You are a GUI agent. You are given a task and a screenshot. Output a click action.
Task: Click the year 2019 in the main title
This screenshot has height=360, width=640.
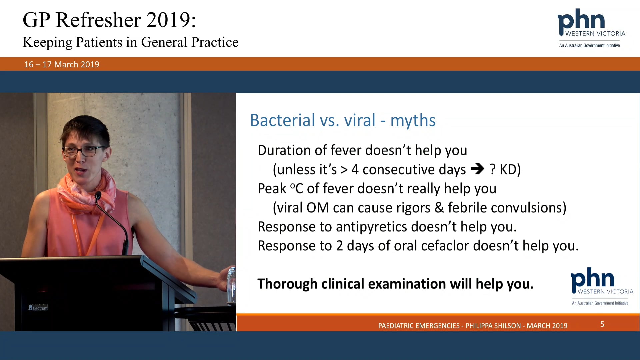tap(168, 20)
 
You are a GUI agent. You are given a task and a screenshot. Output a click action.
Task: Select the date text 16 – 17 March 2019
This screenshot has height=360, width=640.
tap(62, 64)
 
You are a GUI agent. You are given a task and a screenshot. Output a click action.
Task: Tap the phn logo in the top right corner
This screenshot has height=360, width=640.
tap(591, 28)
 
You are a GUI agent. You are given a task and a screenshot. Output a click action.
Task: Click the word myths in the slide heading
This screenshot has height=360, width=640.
tap(413, 121)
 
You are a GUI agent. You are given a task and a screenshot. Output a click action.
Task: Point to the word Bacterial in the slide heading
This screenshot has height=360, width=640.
tap(282, 120)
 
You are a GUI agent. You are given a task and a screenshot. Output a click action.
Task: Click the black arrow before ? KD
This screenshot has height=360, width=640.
tap(477, 169)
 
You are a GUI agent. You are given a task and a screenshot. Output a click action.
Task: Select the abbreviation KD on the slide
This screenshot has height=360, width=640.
tap(508, 169)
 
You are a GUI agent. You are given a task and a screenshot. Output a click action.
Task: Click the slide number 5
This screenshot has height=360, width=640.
tap(602, 324)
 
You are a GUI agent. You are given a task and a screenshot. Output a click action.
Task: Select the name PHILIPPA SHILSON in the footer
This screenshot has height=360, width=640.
tap(493, 326)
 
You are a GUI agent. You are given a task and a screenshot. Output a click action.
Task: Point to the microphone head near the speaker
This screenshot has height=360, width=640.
tap(98, 196)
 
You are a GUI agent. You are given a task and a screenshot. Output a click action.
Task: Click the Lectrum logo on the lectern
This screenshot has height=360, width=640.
tap(38, 308)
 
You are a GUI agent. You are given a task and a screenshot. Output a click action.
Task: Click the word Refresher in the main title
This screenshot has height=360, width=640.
tap(98, 20)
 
